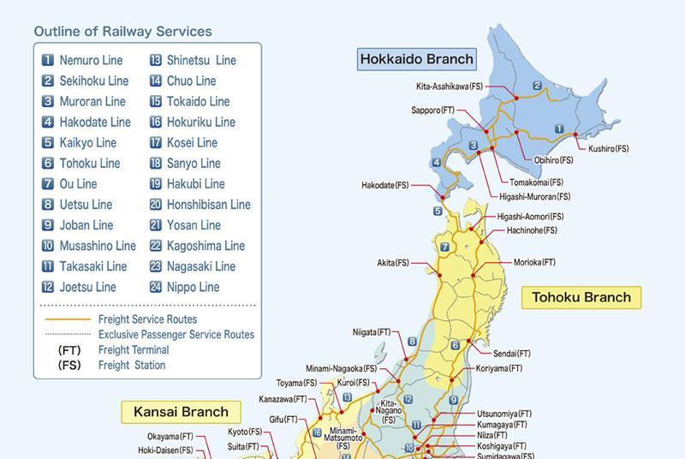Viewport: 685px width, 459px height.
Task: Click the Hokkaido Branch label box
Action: pos(416,59)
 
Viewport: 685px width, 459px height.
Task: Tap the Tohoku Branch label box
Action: pos(581,297)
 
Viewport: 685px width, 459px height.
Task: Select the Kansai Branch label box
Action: pos(181,412)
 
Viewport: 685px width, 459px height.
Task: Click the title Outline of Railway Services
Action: pos(122,32)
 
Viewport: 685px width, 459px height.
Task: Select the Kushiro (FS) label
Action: pos(608,148)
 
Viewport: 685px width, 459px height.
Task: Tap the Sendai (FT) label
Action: pos(512,353)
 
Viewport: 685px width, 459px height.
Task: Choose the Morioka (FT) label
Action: pos(534,262)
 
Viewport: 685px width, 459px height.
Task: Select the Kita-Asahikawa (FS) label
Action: pos(450,86)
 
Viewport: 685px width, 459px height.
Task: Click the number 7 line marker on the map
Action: pos(444,247)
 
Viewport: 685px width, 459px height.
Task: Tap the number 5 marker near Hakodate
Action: pos(438,211)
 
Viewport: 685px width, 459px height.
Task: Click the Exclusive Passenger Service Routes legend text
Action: pos(176,335)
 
